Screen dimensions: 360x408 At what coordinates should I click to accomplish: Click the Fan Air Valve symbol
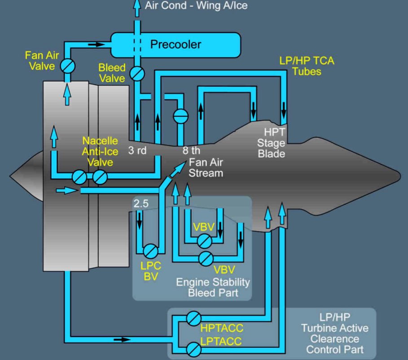[x=68, y=66]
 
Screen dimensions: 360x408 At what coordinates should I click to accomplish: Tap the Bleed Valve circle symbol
[x=137, y=72]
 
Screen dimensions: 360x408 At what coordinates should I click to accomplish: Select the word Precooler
[x=175, y=44]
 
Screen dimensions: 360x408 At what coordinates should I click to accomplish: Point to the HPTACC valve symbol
[x=193, y=318]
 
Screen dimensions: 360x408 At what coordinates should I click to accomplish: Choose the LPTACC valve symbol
[x=193, y=347]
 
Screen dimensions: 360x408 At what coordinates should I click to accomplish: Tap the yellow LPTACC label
[x=221, y=342]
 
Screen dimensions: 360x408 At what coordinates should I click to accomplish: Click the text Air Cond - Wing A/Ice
[x=196, y=6]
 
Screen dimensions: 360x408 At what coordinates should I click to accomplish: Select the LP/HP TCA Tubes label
[x=307, y=66]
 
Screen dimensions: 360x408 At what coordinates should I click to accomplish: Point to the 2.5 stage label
[x=141, y=203]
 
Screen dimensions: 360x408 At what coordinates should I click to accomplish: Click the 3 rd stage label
[x=137, y=150]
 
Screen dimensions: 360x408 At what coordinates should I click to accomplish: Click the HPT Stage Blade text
[x=274, y=143]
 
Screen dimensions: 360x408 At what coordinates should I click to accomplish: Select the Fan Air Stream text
[x=206, y=167]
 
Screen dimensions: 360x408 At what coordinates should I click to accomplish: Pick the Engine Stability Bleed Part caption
[x=213, y=288]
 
